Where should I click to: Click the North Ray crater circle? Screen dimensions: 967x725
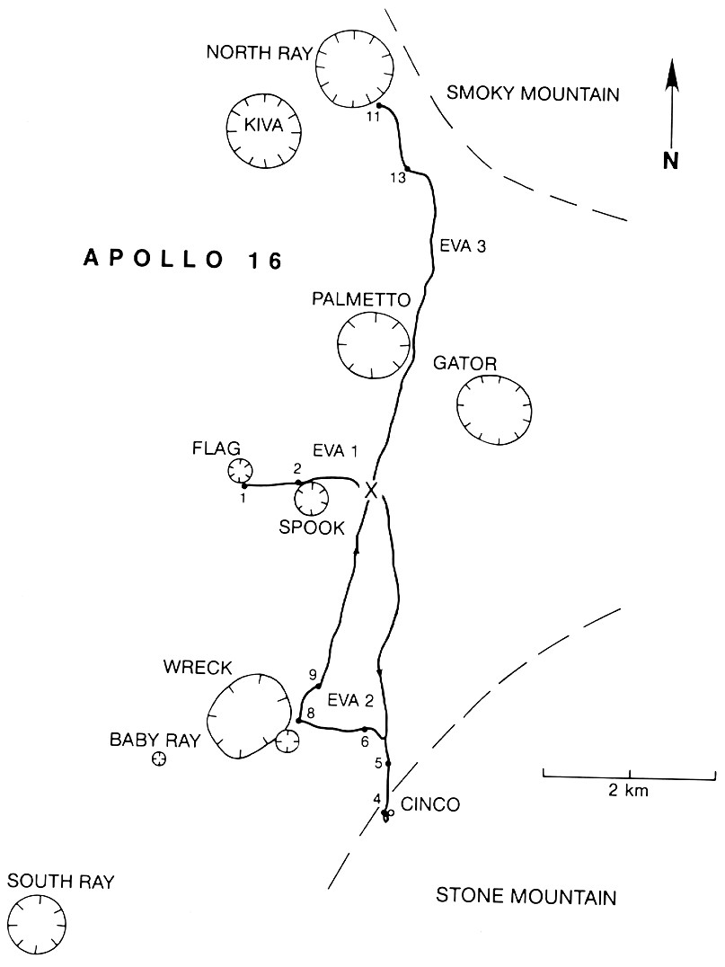click(355, 67)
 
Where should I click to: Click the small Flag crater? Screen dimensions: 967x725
click(239, 470)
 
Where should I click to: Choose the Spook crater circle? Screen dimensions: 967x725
click(312, 498)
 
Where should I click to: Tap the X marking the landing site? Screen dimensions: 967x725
click(370, 490)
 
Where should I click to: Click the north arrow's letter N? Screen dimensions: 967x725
click(670, 160)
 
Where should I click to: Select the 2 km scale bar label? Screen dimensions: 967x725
click(629, 791)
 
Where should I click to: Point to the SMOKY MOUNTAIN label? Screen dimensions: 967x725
click(534, 93)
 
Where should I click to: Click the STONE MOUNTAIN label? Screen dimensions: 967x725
click(526, 896)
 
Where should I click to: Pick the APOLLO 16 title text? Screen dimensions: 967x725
click(183, 261)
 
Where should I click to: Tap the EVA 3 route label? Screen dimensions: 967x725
click(464, 247)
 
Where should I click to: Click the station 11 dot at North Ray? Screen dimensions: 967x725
click(379, 106)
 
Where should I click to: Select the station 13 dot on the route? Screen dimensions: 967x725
click(407, 169)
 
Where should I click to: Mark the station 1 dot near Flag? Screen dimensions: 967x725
click(244, 485)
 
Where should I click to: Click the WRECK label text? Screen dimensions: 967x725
click(198, 668)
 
